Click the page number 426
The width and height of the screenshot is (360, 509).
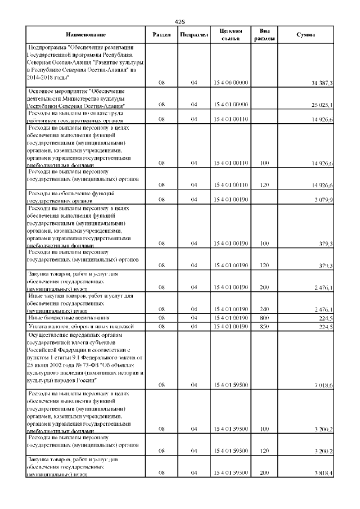[x=180, y=21]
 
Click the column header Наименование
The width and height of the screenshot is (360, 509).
[x=85, y=35]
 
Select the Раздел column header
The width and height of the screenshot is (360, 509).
[x=162, y=35]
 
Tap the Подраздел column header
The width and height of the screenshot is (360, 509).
[x=193, y=35]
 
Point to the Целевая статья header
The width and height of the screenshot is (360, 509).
[x=231, y=35]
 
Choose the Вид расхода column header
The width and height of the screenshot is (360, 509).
[x=264, y=35]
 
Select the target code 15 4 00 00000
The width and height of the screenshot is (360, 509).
[x=231, y=83]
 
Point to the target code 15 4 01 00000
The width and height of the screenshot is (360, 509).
[x=231, y=105]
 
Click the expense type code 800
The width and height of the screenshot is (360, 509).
[x=264, y=318]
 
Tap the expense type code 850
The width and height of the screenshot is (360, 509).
[x=264, y=326]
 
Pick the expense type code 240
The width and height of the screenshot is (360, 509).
[x=264, y=309]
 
